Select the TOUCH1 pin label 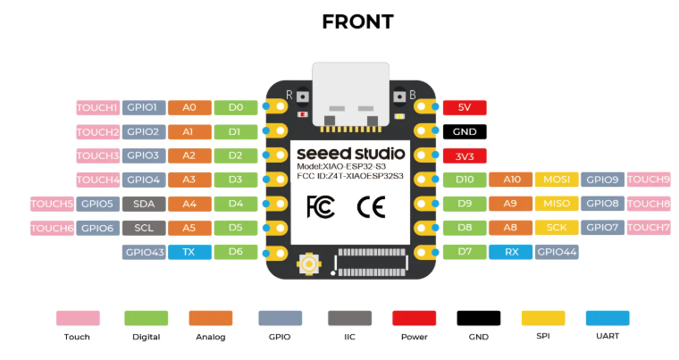click(97, 108)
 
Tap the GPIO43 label click(144, 253)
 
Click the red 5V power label click(465, 108)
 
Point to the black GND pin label click(465, 132)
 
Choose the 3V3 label click(465, 156)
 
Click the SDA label click(144, 205)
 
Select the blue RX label click(511, 253)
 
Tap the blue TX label click(189, 253)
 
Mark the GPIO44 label click(557, 253)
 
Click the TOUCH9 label click(649, 180)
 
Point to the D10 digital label click(465, 180)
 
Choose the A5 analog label click(189, 229)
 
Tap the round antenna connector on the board click(308, 264)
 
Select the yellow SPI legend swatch click(543, 318)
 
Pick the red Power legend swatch click(414, 318)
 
